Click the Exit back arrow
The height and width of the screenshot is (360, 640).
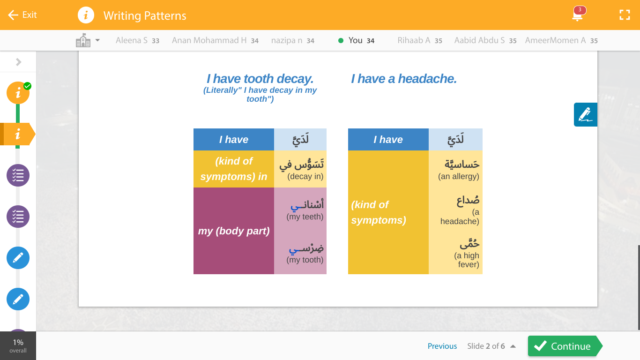point(13,15)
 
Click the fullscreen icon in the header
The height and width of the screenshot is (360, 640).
point(625,15)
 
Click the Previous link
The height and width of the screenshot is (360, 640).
point(442,346)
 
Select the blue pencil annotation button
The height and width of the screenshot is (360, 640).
point(586,114)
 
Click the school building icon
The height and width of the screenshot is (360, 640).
point(83,40)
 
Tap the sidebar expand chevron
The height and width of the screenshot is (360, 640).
point(19,62)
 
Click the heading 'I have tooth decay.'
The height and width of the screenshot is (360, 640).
point(260,79)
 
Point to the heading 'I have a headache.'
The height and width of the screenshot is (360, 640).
point(404,79)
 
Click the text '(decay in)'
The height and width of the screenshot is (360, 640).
point(305,176)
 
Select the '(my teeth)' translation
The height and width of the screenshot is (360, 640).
point(305,217)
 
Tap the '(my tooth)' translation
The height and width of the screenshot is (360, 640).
point(305,260)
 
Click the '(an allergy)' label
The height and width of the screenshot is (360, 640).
point(459,176)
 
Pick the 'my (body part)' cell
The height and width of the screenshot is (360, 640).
point(234,231)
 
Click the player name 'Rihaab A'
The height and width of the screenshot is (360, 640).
point(414,40)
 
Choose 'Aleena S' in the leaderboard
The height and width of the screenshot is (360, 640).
point(132,40)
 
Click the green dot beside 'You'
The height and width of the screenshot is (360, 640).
point(341,41)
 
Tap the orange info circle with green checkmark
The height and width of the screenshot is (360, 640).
point(18,93)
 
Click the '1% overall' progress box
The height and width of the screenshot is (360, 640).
point(18,345)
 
